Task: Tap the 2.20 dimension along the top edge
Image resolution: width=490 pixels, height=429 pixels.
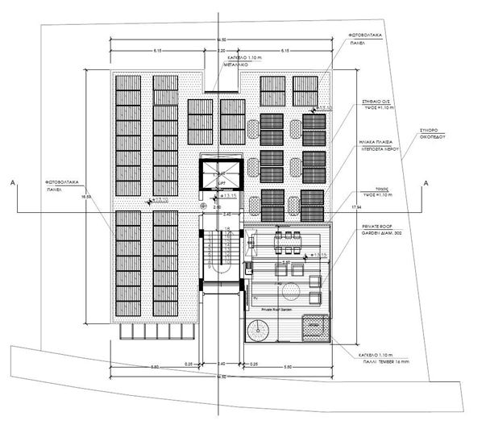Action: pos(221,51)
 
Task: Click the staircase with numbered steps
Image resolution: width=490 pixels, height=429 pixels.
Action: pos(220,254)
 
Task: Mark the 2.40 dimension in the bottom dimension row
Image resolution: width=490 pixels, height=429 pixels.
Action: pos(221,364)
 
